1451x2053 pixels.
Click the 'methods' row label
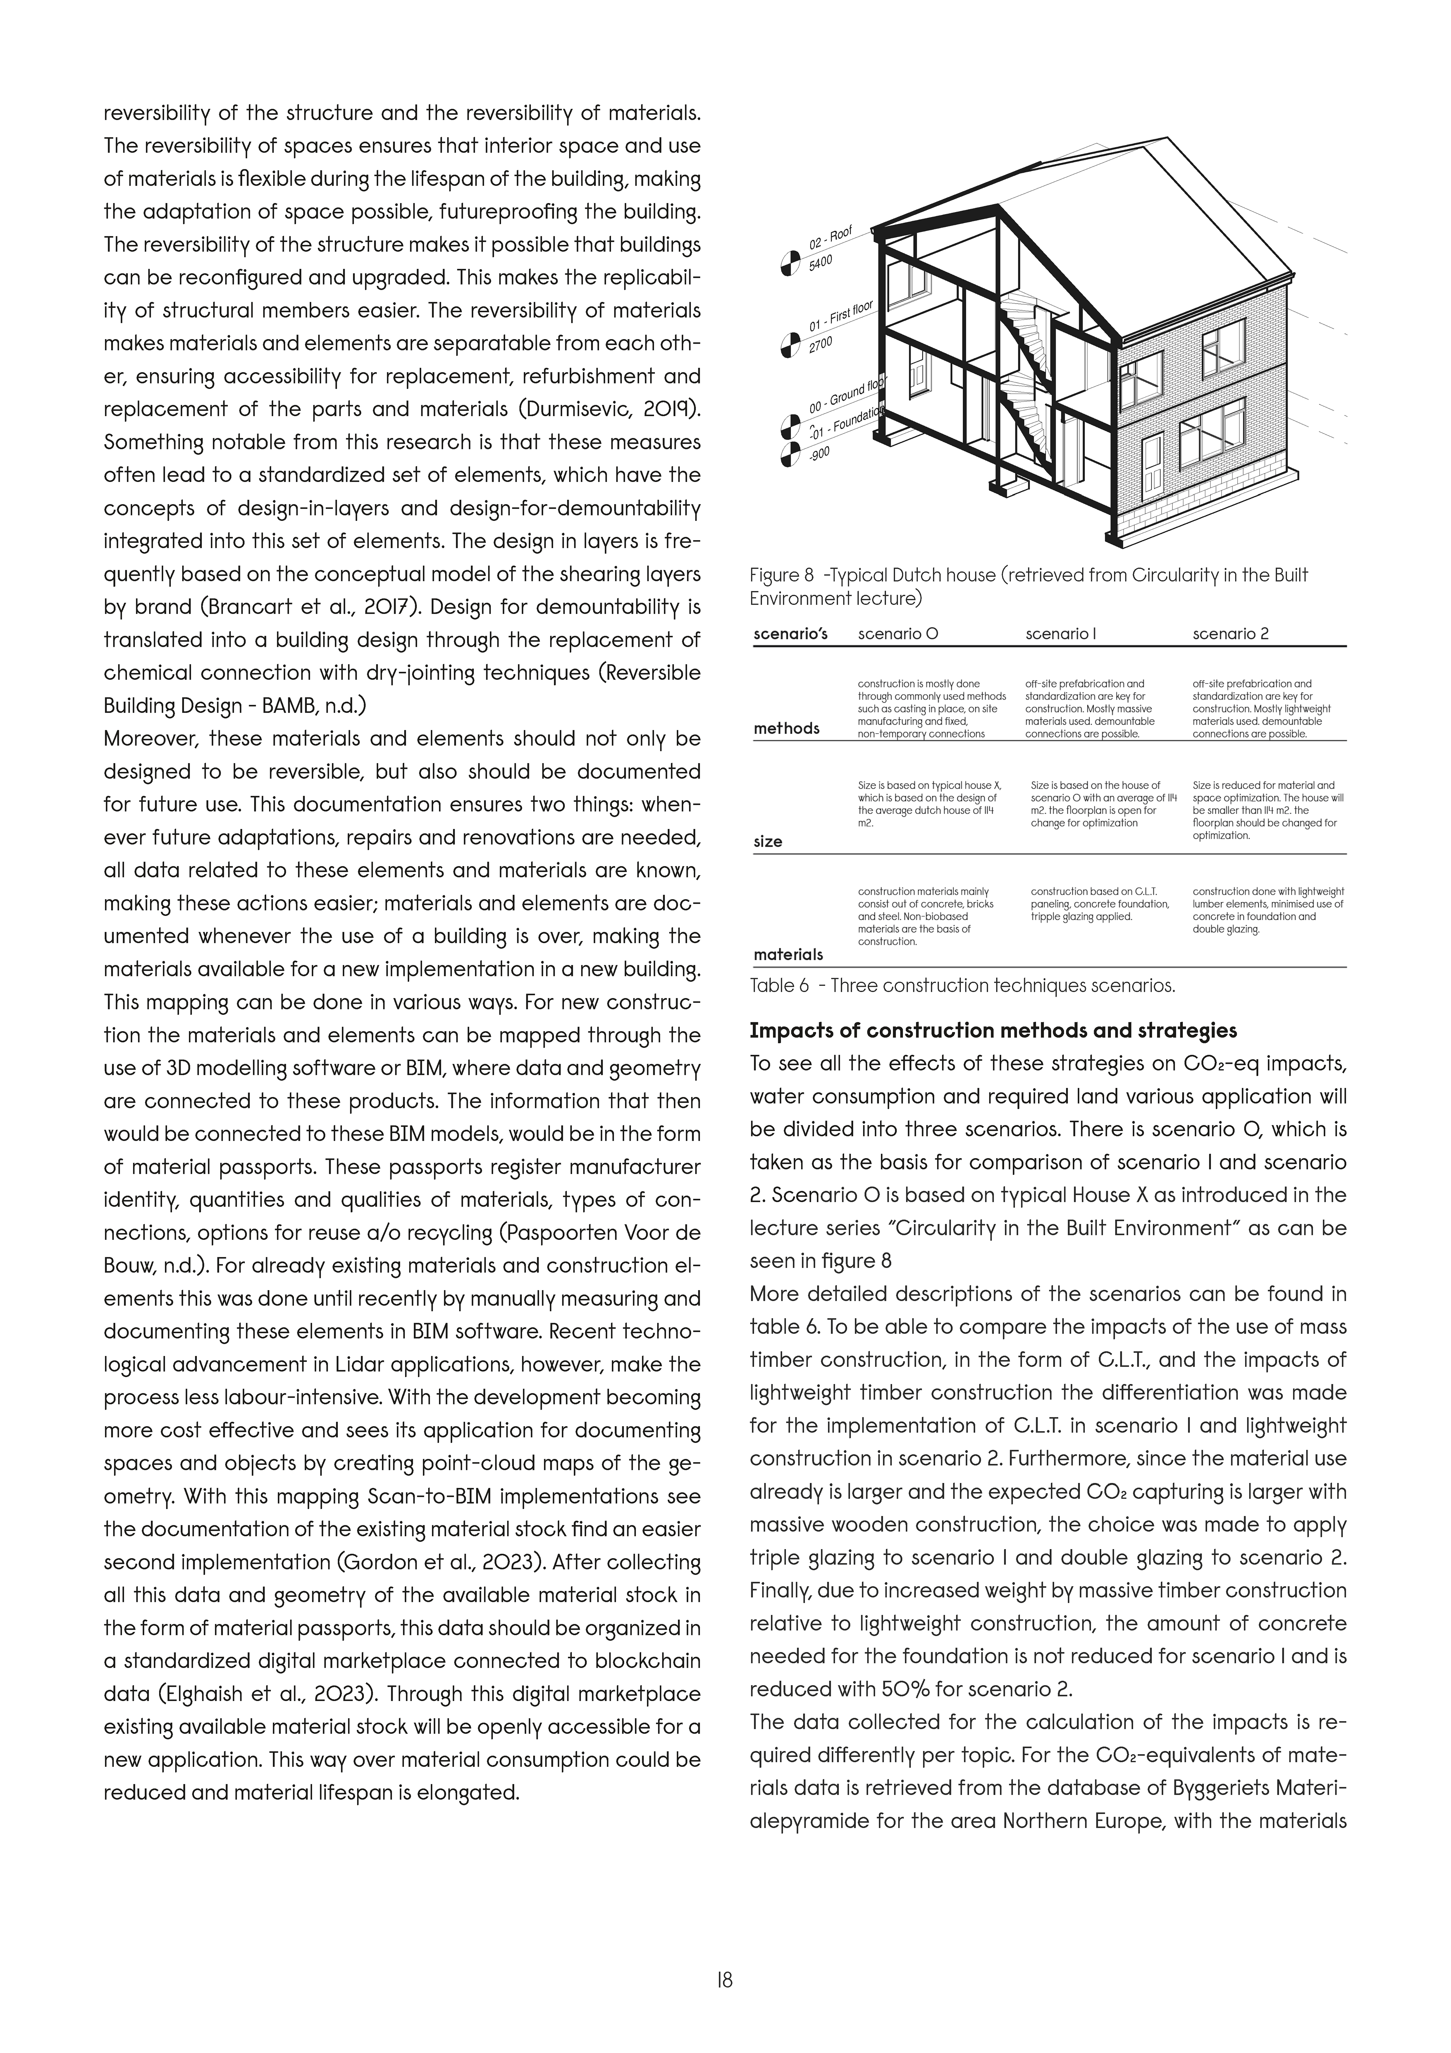(x=787, y=729)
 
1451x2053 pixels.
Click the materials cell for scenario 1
(x=1100, y=904)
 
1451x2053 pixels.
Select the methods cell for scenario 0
(x=931, y=708)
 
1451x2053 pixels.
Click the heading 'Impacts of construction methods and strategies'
(x=992, y=1030)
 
